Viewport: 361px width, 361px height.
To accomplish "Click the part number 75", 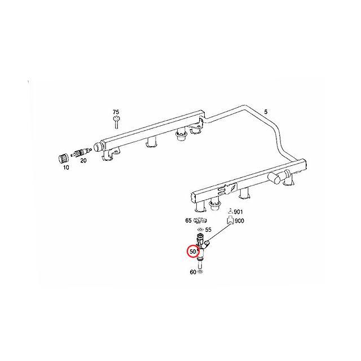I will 116,112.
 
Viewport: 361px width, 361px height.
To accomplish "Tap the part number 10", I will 66,168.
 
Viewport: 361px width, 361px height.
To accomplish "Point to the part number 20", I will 83,161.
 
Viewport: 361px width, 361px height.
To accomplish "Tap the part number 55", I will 208,230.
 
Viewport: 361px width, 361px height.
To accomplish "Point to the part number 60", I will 192,272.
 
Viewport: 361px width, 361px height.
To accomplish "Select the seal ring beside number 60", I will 201,271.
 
